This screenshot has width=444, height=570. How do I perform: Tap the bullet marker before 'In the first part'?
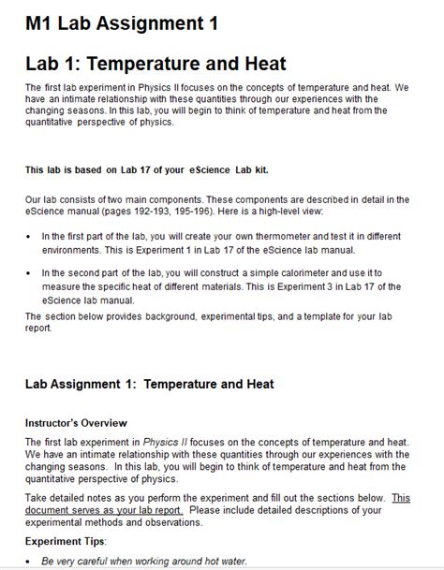[x=29, y=237]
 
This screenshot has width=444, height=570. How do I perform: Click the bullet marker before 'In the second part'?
[x=29, y=272]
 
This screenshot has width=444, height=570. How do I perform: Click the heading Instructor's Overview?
[x=76, y=423]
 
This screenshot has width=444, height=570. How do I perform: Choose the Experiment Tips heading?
[x=66, y=540]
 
